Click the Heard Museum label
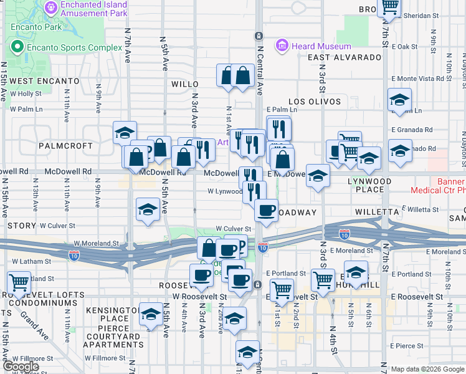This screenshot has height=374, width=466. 322,46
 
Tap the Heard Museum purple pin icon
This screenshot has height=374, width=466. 282,46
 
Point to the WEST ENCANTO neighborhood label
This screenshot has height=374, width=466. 44,81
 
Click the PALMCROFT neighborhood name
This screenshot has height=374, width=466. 65,145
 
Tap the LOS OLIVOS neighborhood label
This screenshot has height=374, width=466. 315,101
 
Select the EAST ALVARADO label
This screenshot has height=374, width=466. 345,57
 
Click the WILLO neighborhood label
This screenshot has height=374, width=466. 184,83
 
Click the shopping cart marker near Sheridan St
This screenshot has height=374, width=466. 390,7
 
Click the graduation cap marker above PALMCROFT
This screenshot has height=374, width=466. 125,132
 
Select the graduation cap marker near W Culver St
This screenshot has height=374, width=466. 148,209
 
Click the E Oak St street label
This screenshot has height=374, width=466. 405,47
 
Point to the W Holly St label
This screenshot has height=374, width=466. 26,93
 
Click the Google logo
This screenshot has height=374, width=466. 21,367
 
